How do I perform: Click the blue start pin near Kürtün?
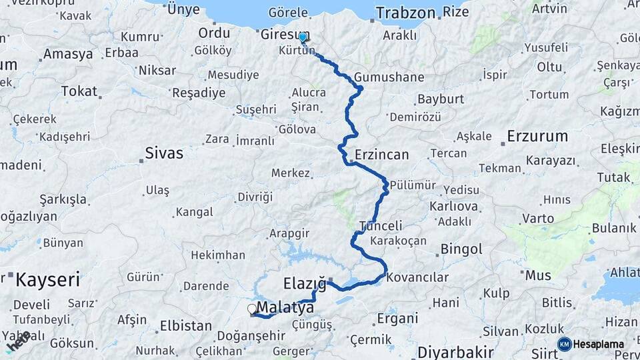coord(303,37)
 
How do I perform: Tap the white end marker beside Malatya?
coord(252,309)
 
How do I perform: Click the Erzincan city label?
coord(381,155)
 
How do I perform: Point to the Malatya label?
coord(285,307)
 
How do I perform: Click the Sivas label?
coord(164,153)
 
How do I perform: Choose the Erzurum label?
coord(537,137)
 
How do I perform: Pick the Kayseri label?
coord(48,279)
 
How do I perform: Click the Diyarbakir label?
coord(456,351)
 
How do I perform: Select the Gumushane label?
coord(389,77)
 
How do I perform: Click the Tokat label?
coord(79,91)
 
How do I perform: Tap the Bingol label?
coord(461,249)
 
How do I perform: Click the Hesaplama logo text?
coord(599,345)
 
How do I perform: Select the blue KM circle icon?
coord(564,344)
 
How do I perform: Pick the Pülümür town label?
coord(413,185)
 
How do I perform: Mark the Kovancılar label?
coord(417,277)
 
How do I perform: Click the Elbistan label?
coord(185,326)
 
